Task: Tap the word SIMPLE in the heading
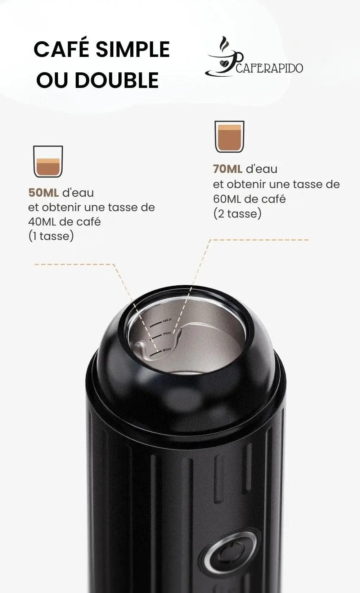point(133,49)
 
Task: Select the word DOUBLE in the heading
point(117,80)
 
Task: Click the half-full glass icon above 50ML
point(48,161)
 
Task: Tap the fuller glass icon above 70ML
point(229,137)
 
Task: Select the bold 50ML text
point(44,193)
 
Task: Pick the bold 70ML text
point(228,169)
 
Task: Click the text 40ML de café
point(64,222)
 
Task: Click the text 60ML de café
point(249,199)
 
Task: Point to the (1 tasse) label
point(51,236)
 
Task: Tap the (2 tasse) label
point(238,213)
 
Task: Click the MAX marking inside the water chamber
point(167,320)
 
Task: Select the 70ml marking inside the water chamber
point(167,334)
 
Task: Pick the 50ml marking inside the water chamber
point(167,350)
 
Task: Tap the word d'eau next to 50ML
point(78,193)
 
